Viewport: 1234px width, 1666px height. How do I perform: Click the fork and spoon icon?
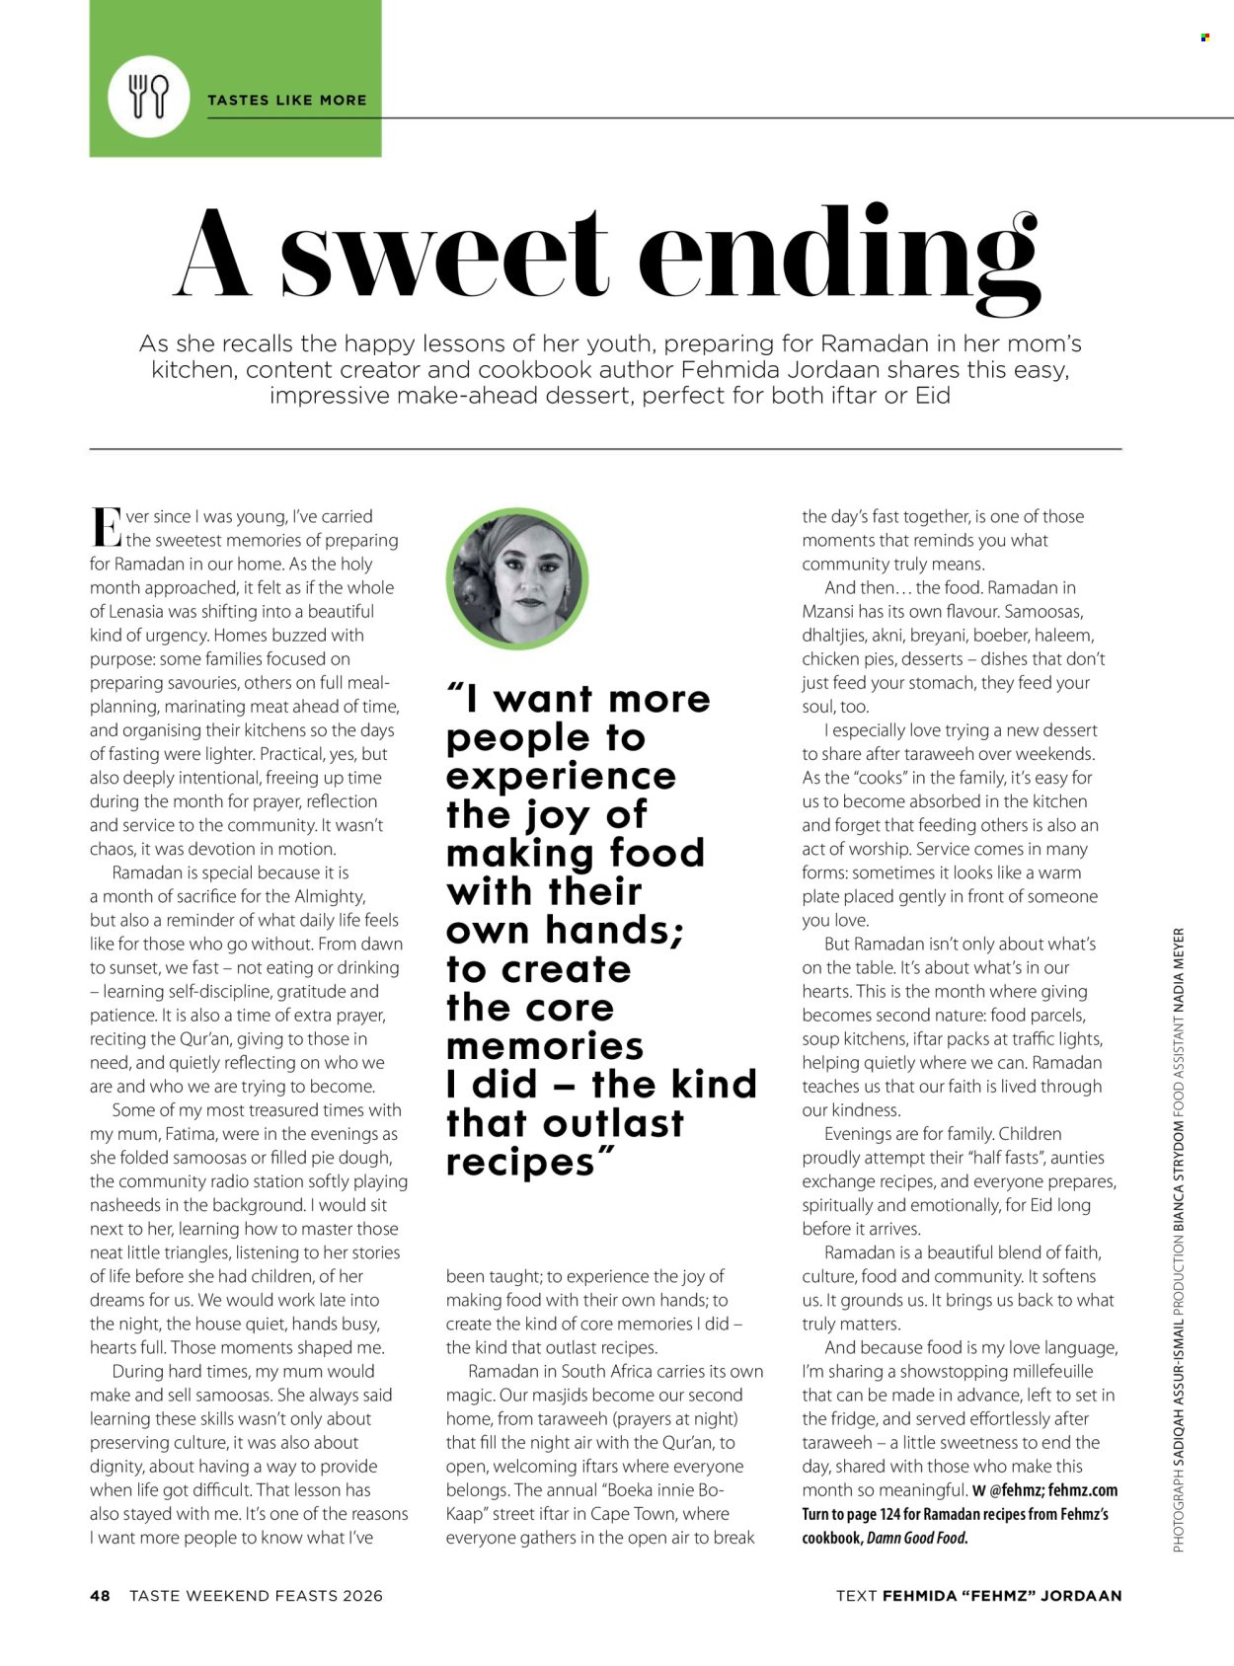149,96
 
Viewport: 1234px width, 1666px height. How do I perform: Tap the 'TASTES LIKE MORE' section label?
286,100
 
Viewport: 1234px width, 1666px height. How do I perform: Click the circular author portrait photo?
517,578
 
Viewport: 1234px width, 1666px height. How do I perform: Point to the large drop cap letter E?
105,528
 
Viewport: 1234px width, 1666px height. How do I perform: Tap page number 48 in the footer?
100,1595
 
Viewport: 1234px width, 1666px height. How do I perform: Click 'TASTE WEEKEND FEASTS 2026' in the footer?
256,1595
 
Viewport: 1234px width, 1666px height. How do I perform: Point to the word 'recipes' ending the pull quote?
520,1162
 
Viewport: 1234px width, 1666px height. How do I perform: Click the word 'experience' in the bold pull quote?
561,776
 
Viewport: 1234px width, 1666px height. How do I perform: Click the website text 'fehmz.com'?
1083,1490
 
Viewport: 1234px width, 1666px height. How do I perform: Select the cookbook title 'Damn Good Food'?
916,1538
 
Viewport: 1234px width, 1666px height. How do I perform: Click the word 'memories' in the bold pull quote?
544,1046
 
